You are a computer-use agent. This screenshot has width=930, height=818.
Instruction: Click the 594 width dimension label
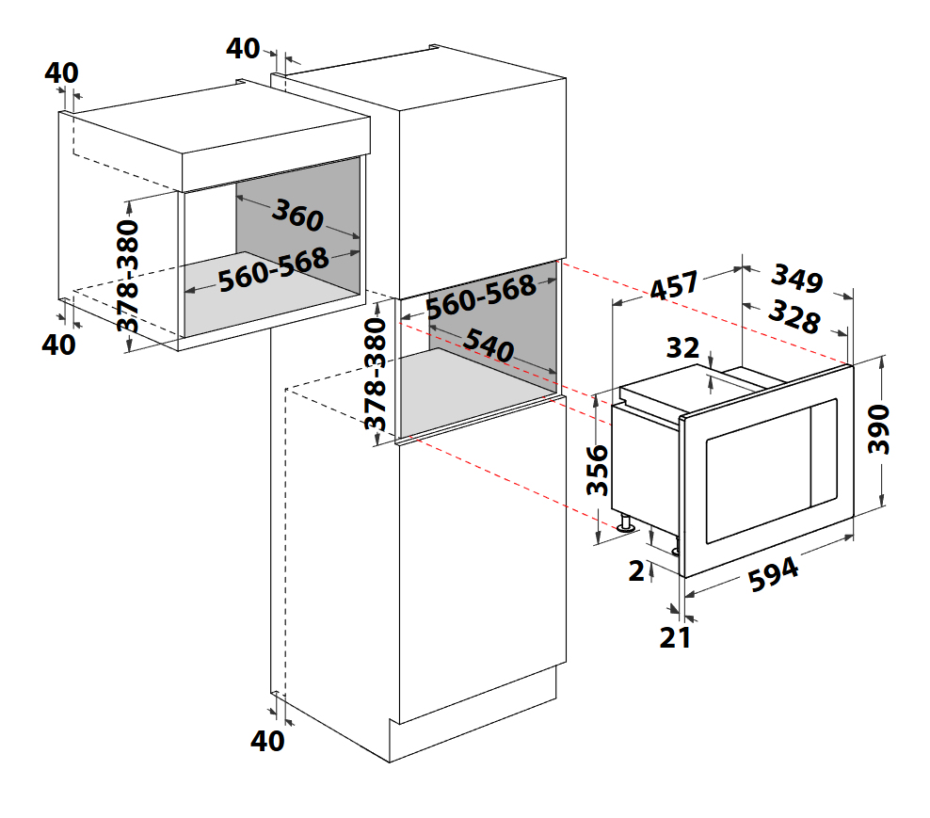773,574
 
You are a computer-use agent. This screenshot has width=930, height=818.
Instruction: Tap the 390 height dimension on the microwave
878,429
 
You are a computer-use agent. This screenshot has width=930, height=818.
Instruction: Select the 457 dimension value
674,286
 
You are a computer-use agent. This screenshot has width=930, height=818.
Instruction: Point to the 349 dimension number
797,279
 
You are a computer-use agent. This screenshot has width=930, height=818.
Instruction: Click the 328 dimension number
794,317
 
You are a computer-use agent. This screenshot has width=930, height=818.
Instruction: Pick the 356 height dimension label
598,470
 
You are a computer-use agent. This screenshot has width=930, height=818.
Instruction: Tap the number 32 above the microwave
682,347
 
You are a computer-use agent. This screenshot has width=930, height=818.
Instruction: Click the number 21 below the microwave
675,637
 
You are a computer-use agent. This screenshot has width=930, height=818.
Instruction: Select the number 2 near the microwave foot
636,570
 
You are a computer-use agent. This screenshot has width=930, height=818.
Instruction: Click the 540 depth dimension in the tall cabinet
489,345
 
